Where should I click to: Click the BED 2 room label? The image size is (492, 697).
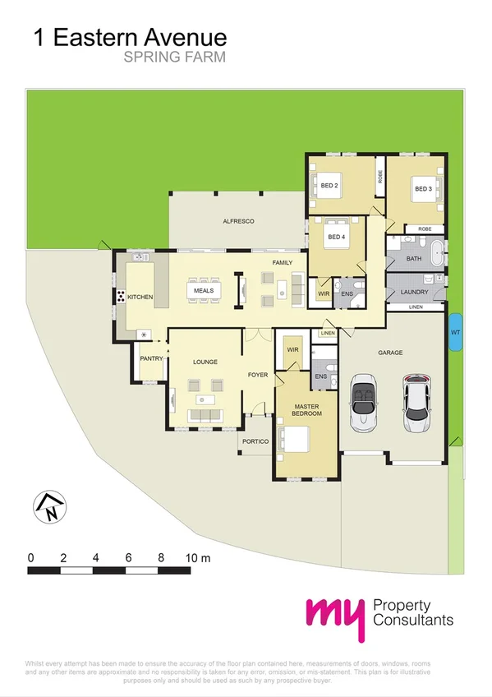(x=330, y=187)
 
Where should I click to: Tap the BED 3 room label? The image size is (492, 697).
(x=423, y=189)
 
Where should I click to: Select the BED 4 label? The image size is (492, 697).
(x=337, y=238)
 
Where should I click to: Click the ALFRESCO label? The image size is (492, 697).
(x=239, y=222)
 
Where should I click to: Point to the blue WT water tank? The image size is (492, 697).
(x=455, y=333)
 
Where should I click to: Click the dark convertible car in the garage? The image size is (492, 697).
(x=362, y=403)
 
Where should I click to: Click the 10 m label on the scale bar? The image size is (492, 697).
(x=200, y=557)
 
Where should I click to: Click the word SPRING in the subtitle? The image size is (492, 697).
(x=147, y=58)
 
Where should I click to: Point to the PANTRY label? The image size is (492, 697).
(x=151, y=359)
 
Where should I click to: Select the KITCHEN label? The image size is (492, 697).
(x=140, y=297)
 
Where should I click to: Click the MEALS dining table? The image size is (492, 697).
(x=204, y=291)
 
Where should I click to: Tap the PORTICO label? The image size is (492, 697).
(x=255, y=442)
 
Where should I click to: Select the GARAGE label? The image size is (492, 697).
(x=390, y=353)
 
